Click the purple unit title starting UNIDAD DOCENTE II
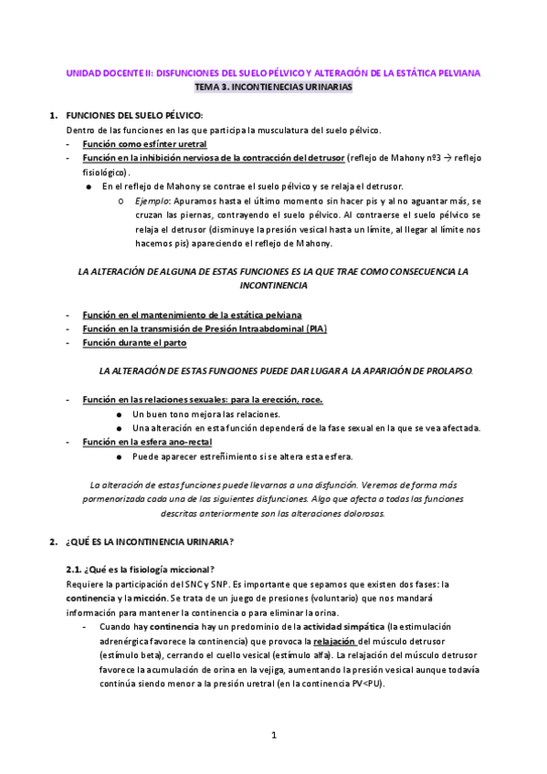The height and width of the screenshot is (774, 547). (274, 72)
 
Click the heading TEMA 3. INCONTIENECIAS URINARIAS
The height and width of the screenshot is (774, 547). (274, 86)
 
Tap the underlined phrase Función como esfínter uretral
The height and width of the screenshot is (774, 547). (144, 144)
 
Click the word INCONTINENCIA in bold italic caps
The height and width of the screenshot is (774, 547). (274, 285)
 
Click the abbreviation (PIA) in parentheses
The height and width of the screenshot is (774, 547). (316, 329)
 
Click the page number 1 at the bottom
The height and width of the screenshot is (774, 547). (273, 735)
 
